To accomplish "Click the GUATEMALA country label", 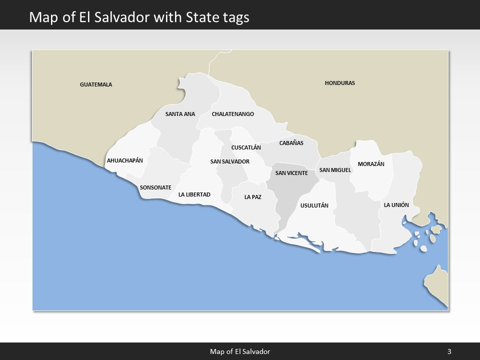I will (96, 84).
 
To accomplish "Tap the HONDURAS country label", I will (339, 83).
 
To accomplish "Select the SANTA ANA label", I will (180, 114).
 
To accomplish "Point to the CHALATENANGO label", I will (232, 114).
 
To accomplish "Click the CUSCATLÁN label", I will (246, 147).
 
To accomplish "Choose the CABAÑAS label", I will (291, 143).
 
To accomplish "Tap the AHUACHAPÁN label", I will (125, 160).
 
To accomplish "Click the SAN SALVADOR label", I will (229, 161).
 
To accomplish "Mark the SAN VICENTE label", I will (291, 173).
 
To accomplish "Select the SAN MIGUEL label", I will (335, 170).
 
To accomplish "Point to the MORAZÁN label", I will (371, 164).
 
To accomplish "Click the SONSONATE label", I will (155, 187).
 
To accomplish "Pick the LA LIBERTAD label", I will (194, 194).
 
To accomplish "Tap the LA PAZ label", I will (252, 197).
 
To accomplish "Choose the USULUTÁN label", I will (314, 205).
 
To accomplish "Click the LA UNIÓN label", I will (396, 205).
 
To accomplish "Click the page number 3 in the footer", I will (449, 351).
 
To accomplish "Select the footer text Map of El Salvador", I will (239, 351).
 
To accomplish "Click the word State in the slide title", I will (203, 17).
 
